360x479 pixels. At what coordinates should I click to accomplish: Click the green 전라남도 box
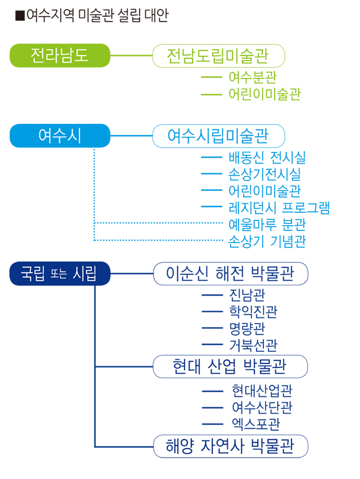[x=60, y=56]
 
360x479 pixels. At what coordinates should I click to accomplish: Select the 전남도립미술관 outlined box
[x=219, y=56]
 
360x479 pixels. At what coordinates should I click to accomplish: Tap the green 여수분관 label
[x=253, y=77]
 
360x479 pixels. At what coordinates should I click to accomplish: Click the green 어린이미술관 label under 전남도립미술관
[x=265, y=94]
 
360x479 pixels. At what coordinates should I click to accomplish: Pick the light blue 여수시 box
[x=60, y=136]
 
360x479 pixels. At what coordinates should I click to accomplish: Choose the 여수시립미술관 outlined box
[x=219, y=136]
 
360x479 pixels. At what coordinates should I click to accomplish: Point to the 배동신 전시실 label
[x=267, y=158]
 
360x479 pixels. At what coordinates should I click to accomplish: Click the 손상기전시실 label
[x=265, y=174]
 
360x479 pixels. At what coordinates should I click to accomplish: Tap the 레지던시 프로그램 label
[x=279, y=208]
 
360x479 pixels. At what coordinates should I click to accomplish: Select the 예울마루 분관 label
[x=267, y=224]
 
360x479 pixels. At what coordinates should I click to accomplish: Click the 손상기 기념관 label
[x=267, y=241]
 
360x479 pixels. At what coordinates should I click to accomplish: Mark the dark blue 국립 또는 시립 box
[x=60, y=274]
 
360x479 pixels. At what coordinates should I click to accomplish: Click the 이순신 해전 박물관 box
[x=231, y=274]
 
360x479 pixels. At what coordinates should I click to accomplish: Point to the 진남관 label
[x=247, y=295]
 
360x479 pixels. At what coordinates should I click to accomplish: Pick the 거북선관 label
[x=253, y=345]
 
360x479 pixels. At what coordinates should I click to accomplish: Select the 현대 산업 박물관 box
[x=230, y=366]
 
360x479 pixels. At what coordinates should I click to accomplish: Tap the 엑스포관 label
[x=256, y=424]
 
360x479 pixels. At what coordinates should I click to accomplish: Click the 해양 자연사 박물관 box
[x=231, y=446]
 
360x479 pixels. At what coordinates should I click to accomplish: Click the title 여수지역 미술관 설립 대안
[x=92, y=15]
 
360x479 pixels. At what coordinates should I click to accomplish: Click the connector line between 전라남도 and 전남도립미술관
[x=131, y=56]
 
